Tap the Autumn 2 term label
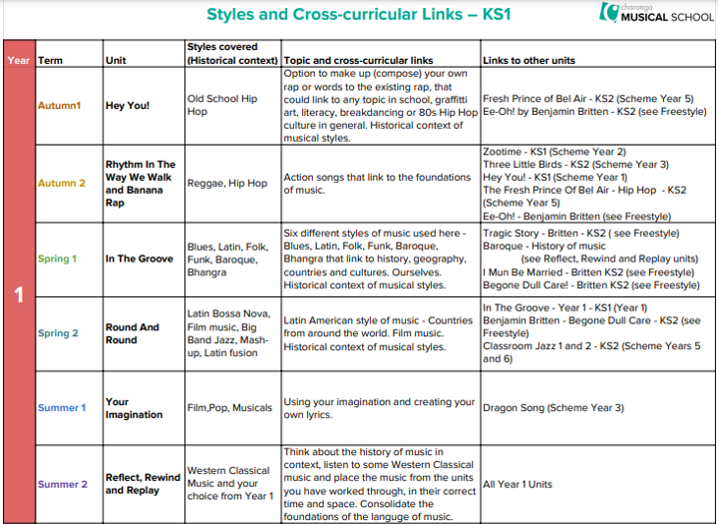pos(62,183)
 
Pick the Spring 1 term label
pos(58,259)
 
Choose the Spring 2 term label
pos(58,333)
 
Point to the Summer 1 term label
pos(62,407)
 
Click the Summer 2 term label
pos(62,484)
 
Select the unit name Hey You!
pos(128,105)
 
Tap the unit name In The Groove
pos(140,259)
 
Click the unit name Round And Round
pos(133,333)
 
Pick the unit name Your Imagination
pos(134,408)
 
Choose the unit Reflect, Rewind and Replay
pos(143,484)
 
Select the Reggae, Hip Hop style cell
pos(227,184)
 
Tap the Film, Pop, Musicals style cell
pos(229,407)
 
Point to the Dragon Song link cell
pos(553,407)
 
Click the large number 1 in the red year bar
pos(18,295)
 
